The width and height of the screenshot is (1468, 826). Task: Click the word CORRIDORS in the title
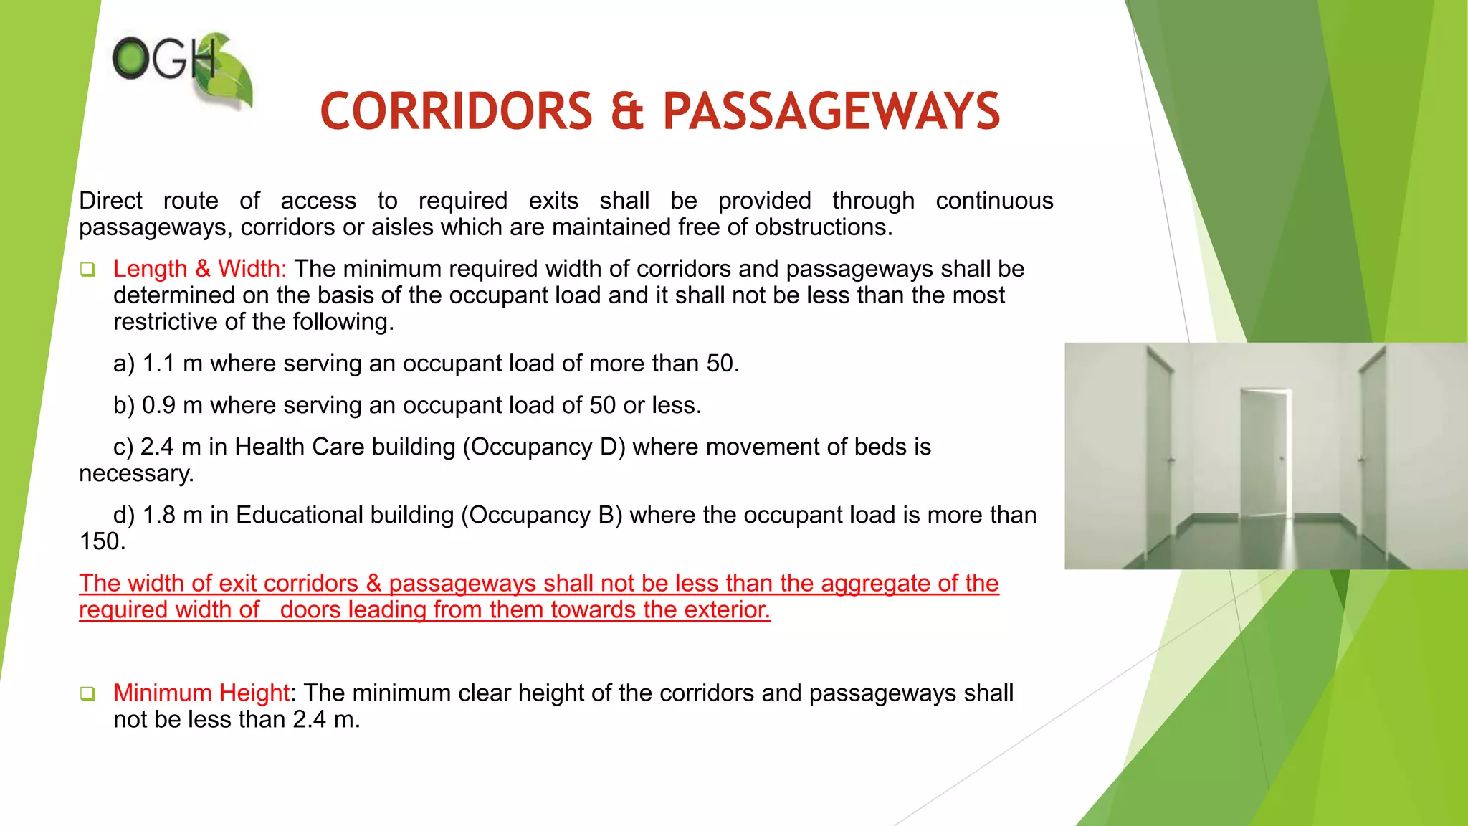coord(456,112)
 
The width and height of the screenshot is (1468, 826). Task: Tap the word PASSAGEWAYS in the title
coord(831,112)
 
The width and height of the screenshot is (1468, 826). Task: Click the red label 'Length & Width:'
coord(200,269)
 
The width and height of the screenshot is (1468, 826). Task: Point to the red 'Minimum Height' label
coord(201,693)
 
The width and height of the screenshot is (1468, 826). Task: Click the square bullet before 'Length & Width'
coord(87,270)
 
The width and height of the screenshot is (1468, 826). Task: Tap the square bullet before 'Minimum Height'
coord(87,693)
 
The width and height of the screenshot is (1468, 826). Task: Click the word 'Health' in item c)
coord(268,447)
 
